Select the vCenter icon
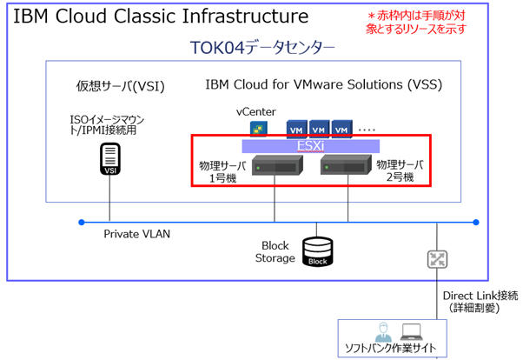[257, 130]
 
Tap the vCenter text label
[256, 112]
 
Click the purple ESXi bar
[310, 147]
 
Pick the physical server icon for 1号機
[274, 168]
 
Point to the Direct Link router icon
[436, 258]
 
